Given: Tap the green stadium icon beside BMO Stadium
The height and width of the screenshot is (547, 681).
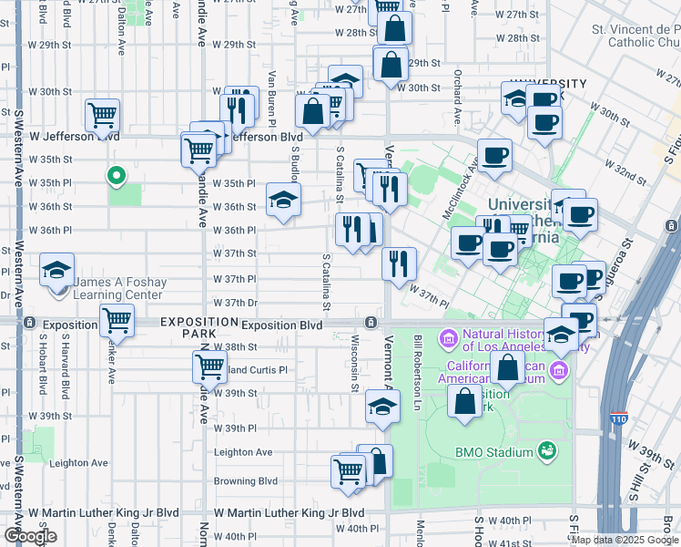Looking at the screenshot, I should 546,450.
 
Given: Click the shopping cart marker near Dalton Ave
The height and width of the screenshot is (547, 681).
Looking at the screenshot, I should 103,115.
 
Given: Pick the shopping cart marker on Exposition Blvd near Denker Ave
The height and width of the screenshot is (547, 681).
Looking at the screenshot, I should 117,320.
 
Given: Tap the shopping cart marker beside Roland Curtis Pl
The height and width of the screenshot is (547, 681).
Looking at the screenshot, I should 209,366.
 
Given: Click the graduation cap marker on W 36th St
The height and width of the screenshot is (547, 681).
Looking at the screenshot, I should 283,199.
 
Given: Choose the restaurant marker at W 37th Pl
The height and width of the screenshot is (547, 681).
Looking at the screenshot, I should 399,263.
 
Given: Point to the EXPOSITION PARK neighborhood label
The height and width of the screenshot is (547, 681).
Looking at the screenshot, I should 188,329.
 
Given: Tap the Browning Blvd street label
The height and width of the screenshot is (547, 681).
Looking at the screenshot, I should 245,480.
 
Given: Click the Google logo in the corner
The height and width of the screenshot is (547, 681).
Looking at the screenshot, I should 30,536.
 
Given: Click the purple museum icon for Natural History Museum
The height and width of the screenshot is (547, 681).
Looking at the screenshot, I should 447,339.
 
